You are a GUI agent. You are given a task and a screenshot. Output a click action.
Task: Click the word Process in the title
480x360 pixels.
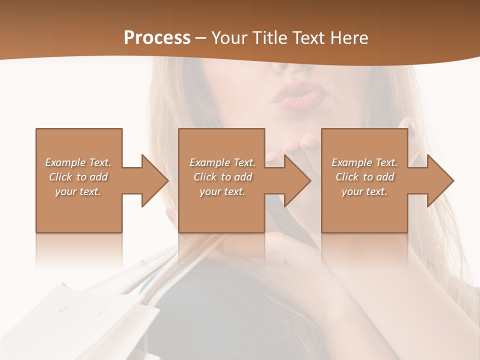[x=157, y=38]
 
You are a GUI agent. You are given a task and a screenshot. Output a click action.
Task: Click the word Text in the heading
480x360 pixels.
[x=308, y=38]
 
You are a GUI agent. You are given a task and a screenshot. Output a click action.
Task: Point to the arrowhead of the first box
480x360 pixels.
[x=155, y=180]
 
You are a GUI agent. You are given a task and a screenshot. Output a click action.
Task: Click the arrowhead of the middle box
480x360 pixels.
[x=298, y=180]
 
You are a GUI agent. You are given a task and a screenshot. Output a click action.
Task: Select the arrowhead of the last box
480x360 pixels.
[x=440, y=180]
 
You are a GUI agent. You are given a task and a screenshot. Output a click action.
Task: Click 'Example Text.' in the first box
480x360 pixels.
[x=78, y=162]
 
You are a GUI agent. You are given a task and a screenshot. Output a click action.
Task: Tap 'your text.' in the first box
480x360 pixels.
[x=78, y=191]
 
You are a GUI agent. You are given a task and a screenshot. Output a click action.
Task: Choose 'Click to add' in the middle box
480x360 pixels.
[x=222, y=177]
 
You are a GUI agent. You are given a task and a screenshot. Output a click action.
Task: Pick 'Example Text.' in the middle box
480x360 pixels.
[x=222, y=162]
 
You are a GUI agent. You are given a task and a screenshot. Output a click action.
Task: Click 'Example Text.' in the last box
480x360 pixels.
[x=364, y=162]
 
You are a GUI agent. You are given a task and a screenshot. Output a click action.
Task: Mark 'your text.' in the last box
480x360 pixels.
[x=364, y=191]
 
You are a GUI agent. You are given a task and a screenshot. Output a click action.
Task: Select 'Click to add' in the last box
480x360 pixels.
[x=364, y=177]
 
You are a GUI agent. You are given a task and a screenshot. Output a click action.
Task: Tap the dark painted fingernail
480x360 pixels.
[x=411, y=124]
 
